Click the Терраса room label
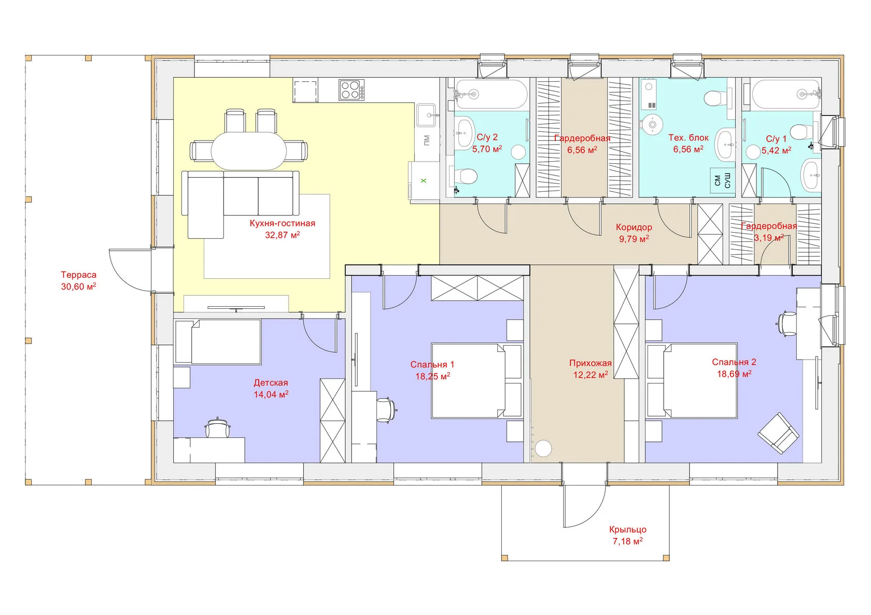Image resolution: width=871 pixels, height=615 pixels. (x=79, y=275)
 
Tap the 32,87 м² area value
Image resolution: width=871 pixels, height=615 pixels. (x=282, y=235)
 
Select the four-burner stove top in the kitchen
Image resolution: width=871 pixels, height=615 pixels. (x=352, y=90)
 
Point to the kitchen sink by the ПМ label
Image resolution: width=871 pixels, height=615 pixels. (x=426, y=115)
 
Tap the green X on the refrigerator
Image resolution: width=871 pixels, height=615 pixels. (x=424, y=180)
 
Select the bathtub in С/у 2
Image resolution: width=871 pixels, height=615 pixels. (x=491, y=94)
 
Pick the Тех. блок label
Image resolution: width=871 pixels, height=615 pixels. (x=689, y=137)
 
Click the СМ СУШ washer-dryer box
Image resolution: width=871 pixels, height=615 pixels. (x=723, y=181)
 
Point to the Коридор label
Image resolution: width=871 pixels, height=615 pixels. (x=634, y=227)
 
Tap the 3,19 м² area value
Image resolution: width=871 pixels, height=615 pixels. (x=769, y=238)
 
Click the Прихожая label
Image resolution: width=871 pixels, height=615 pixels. (x=590, y=363)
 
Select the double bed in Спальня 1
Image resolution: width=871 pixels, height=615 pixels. (x=476, y=381)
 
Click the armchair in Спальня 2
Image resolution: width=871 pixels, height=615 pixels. (x=779, y=433)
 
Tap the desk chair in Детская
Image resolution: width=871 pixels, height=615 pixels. (x=217, y=427)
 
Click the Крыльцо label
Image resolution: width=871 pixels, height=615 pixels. (x=627, y=529)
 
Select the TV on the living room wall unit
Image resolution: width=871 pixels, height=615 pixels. (x=236, y=308)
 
